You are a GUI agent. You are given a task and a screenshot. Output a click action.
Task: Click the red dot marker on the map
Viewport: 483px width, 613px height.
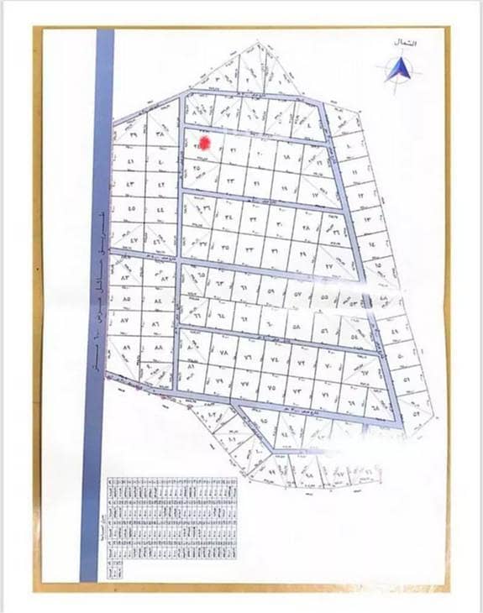coord(203,143)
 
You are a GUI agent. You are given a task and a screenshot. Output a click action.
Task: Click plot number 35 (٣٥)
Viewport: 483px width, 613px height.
coord(225,247)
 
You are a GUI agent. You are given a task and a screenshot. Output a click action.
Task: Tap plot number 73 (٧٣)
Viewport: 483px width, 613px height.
coord(297,391)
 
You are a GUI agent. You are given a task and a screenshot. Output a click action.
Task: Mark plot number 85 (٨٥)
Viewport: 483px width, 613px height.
coord(128,297)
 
